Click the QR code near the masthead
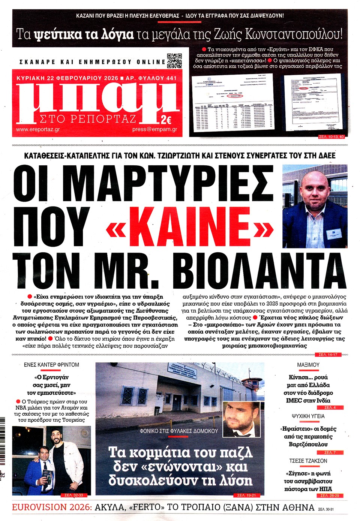click(x=174, y=61)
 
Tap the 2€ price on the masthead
click(x=166, y=120)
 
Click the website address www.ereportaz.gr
click(x=38, y=129)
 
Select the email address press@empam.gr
click(x=154, y=129)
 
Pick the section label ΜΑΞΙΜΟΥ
click(x=308, y=365)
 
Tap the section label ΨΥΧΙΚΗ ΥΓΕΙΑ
click(x=308, y=416)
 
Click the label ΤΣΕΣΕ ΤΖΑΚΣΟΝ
click(x=308, y=461)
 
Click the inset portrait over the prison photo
click(x=241, y=419)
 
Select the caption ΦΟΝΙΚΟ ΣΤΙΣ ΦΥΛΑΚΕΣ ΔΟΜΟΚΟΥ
click(x=178, y=431)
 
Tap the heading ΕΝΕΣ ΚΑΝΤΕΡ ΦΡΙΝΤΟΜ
click(x=51, y=365)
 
